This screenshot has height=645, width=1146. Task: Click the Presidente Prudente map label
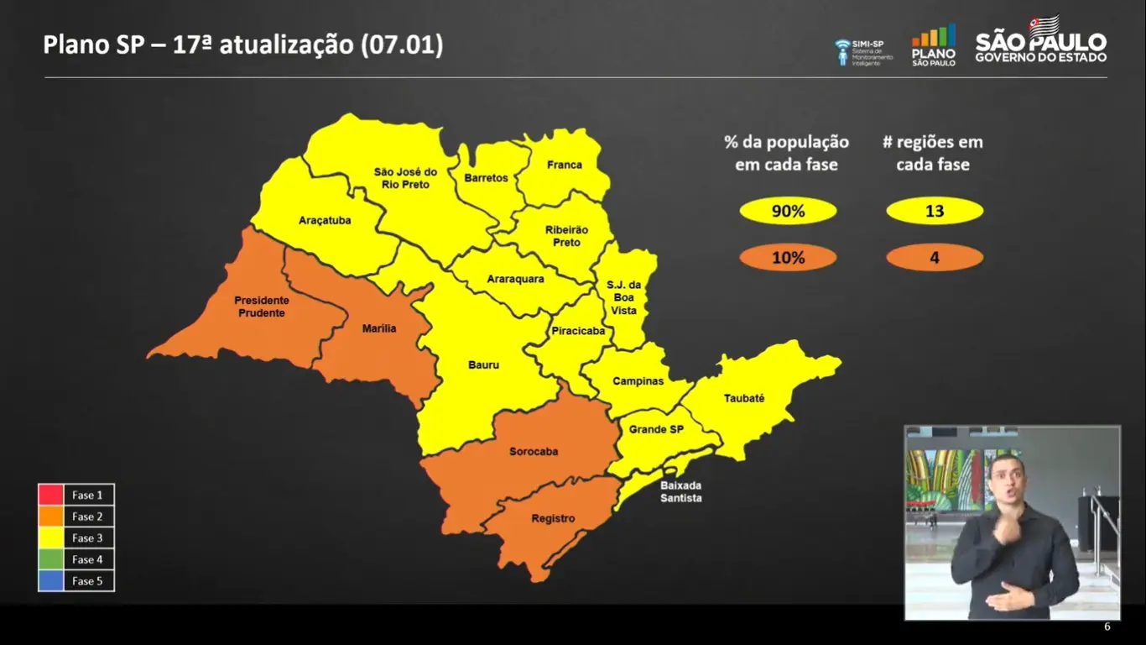click(x=261, y=307)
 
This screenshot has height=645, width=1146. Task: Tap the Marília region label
click(x=379, y=328)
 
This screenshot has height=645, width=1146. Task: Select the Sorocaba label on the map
click(x=534, y=452)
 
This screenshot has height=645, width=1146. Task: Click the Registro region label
click(x=553, y=518)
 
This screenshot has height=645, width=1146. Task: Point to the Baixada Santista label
click(x=680, y=492)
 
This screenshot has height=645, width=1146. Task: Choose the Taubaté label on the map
click(x=743, y=398)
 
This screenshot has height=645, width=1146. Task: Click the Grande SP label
click(x=657, y=430)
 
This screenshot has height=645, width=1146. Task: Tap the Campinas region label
click(x=638, y=381)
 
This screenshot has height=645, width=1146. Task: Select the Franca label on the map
click(x=564, y=165)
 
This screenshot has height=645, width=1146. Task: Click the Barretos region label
click(x=486, y=178)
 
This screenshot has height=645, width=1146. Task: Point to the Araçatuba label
click(x=325, y=221)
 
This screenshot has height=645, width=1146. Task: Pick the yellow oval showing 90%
click(x=788, y=212)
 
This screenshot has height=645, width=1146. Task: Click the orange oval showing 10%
click(x=788, y=258)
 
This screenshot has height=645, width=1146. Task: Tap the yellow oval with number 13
click(x=934, y=212)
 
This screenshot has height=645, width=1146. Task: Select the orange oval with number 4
click(x=934, y=258)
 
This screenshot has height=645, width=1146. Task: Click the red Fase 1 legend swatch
click(x=51, y=495)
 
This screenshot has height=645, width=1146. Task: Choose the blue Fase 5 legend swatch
click(x=51, y=580)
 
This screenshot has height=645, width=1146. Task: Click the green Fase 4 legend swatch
click(x=51, y=559)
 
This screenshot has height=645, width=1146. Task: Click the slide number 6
click(x=1107, y=627)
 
